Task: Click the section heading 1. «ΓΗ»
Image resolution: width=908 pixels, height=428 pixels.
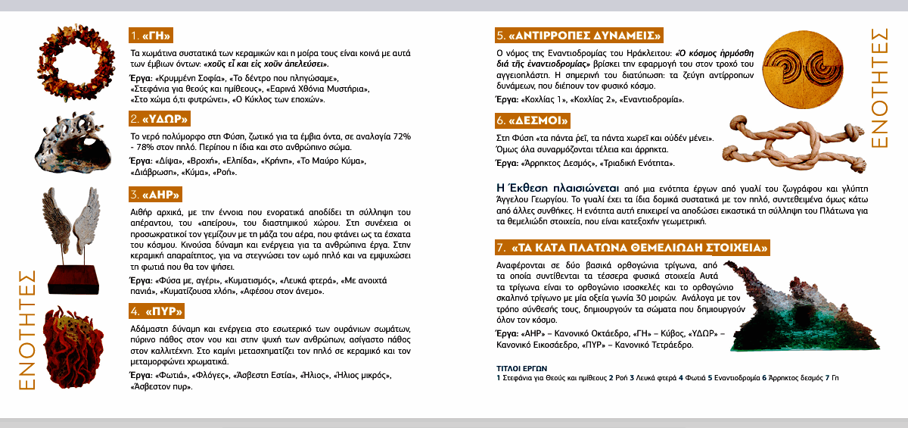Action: [152, 36]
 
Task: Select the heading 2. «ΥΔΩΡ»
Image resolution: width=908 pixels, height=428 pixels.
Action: [158, 119]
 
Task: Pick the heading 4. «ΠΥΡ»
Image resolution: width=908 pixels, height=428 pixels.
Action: [157, 311]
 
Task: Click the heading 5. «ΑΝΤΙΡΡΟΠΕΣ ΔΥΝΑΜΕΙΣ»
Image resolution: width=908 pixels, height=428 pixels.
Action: [580, 36]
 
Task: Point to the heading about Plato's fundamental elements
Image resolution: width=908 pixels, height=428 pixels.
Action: [633, 248]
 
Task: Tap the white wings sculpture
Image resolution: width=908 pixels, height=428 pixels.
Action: [73, 220]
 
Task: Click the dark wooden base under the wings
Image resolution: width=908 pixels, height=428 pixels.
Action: [73, 280]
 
